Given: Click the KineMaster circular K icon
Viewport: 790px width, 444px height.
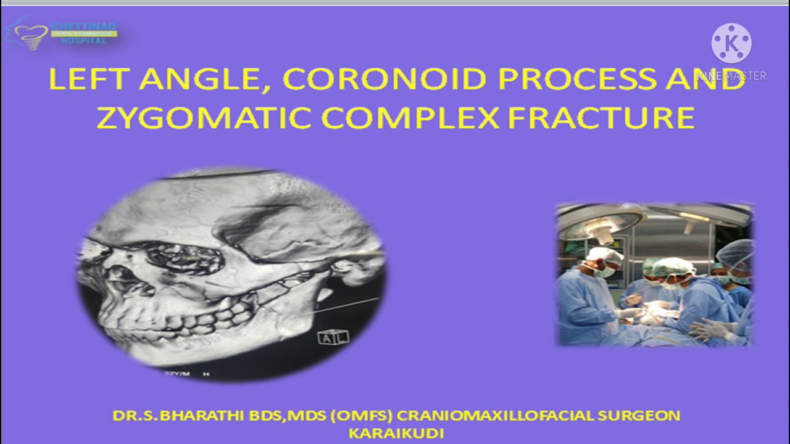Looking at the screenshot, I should (731, 43).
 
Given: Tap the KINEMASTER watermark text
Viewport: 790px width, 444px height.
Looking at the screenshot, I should (731, 76).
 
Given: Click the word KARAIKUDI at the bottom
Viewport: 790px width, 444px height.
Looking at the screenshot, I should (396, 434).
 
